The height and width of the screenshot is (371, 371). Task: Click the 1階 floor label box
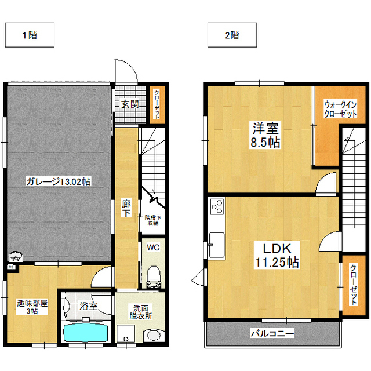(x=30, y=35)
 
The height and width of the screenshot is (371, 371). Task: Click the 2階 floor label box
(x=232, y=35)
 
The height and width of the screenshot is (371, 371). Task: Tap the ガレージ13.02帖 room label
(x=58, y=181)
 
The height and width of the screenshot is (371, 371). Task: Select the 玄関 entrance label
(x=130, y=104)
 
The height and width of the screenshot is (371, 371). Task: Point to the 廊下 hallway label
(x=126, y=208)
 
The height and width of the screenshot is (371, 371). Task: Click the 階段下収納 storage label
(x=153, y=220)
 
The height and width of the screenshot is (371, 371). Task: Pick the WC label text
(x=153, y=248)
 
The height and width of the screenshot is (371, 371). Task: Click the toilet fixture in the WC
(x=154, y=277)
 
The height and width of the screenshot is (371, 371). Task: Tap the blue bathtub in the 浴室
(x=86, y=332)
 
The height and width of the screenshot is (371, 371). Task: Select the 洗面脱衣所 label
(x=140, y=312)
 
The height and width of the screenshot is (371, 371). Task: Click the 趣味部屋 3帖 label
(x=32, y=307)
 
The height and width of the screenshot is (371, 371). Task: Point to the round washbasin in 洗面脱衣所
(x=154, y=335)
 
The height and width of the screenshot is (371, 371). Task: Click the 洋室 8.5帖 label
(x=265, y=135)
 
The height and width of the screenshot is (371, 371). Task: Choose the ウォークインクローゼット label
(x=340, y=109)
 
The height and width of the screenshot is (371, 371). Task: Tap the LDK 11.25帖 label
(x=277, y=255)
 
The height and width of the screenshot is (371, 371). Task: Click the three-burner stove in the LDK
(x=217, y=206)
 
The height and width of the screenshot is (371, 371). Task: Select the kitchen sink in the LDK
(x=216, y=245)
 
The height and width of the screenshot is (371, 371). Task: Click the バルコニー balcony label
(x=272, y=334)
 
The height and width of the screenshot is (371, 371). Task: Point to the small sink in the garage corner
(x=16, y=256)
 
